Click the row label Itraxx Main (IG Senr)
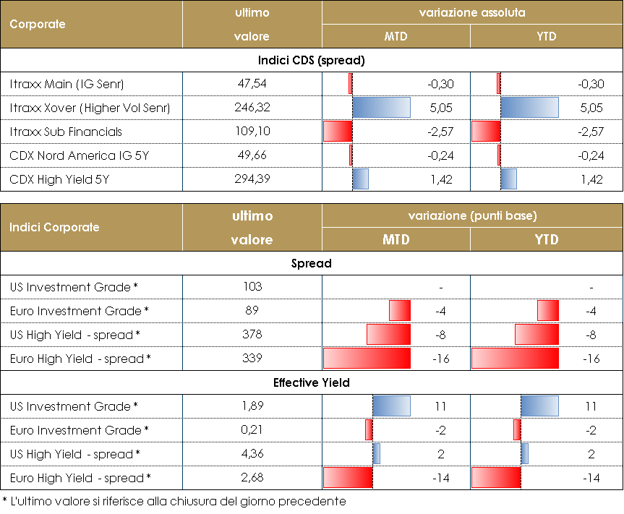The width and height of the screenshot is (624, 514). pos(67,85)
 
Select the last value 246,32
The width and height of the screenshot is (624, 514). pos(252,108)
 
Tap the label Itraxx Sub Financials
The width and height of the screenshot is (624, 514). pos(67,132)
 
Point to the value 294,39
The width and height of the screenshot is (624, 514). pos(252,179)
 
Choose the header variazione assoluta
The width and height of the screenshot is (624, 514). pos(472,13)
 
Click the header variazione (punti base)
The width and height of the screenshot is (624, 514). pos(472,215)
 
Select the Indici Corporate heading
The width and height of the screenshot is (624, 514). pos(54,227)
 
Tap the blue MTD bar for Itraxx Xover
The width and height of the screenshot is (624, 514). pos(381,108)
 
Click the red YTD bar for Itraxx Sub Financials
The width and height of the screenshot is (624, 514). pos(486,132)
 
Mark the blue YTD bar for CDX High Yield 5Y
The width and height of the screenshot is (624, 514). pos(508,179)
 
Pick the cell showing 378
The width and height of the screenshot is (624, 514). pos(252,335)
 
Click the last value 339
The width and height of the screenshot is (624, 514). pos(252,359)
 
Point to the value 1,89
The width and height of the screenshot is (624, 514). pos(252,406)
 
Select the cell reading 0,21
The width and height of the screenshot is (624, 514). pos(252,430)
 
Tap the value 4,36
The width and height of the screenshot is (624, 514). pos(252,454)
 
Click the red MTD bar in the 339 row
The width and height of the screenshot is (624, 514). pos(367,359)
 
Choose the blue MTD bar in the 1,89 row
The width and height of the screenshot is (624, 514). pos(391,406)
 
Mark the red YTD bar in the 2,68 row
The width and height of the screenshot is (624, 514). pos(496,478)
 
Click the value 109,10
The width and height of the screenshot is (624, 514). pos(252,132)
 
